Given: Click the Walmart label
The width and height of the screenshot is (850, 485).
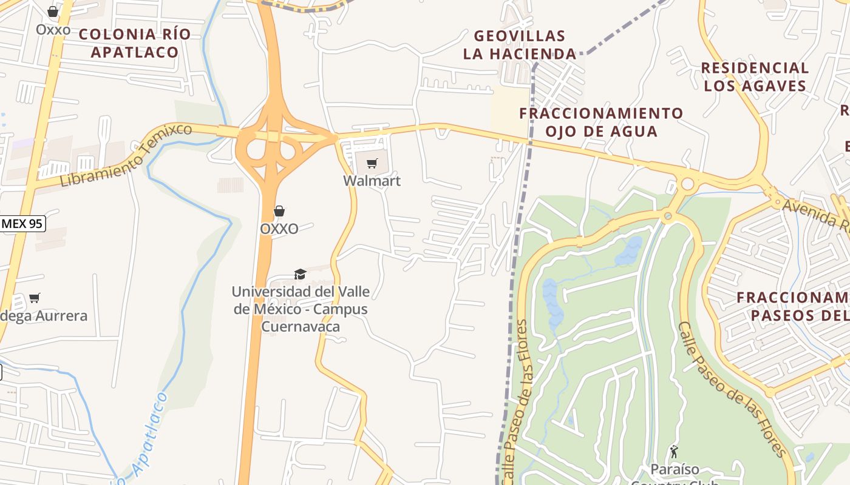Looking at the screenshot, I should click(372, 181).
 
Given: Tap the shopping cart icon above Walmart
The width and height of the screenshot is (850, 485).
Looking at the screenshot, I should click(372, 163).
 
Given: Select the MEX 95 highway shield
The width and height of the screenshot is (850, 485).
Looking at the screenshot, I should click(22, 224).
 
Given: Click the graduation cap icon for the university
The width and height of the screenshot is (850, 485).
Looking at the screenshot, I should click(300, 275).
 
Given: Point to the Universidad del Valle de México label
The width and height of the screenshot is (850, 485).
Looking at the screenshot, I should click(301, 309).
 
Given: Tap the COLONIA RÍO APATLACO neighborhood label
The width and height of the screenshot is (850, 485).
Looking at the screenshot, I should click(135, 43).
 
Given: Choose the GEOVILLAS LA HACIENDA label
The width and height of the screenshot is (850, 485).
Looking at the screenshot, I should click(520, 45).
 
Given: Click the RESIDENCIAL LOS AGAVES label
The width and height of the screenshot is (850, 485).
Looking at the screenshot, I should click(755, 76).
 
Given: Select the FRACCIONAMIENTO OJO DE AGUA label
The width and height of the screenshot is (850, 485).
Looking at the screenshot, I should click(601, 122).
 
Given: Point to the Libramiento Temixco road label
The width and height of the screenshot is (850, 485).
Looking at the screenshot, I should click(126, 155).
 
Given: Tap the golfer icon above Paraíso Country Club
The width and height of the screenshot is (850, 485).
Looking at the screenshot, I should click(674, 452).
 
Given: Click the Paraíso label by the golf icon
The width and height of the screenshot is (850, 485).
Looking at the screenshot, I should click(675, 469).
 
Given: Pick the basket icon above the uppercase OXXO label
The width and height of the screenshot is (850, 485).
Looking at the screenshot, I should click(279, 211).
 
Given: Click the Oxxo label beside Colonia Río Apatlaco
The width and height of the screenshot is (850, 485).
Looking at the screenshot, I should click(53, 29).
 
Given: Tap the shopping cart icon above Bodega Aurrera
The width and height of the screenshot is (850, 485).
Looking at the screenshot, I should click(35, 298).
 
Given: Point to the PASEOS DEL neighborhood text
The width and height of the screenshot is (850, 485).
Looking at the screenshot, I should click(800, 315).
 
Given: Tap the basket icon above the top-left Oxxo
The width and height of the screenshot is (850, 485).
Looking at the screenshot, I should click(53, 12).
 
